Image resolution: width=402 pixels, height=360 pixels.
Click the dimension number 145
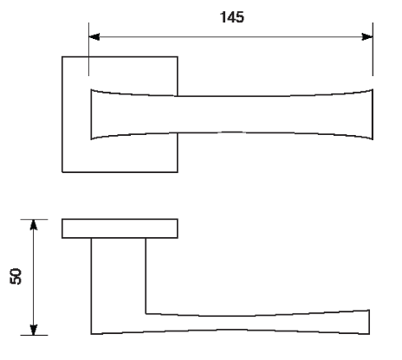[x=232, y=17]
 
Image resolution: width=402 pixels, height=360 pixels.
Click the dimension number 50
[x=16, y=276]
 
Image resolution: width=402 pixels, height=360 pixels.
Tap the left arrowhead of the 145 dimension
[x=94, y=37]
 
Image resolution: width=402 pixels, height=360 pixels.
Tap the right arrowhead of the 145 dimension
[x=367, y=37]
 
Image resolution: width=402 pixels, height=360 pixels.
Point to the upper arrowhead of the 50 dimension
[x=34, y=225]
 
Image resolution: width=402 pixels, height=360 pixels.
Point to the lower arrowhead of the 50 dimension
[x=34, y=330]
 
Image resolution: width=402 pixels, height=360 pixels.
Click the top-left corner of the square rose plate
[x=62, y=57]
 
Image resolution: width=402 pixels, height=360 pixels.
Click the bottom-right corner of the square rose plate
[x=178, y=172]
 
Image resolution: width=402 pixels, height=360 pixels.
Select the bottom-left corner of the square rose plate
[x=62, y=172]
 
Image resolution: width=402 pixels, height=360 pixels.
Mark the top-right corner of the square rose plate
[x=178, y=57]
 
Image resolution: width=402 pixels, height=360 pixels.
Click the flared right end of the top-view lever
[x=373, y=114]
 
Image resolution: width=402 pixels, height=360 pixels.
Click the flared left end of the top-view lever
[x=92, y=114]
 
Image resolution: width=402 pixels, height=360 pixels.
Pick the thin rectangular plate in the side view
[x=120, y=228]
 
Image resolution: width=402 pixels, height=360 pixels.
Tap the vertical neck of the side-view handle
[x=119, y=275]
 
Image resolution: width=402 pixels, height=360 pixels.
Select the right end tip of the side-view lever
[x=369, y=322]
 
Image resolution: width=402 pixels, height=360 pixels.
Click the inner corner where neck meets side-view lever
[x=146, y=313]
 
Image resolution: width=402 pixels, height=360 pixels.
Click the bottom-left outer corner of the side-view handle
[x=92, y=334]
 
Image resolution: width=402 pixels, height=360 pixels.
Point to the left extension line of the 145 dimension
[x=88, y=49]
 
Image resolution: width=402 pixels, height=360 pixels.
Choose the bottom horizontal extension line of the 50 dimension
[x=34, y=335]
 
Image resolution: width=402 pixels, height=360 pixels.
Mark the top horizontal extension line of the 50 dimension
[x=34, y=219]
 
